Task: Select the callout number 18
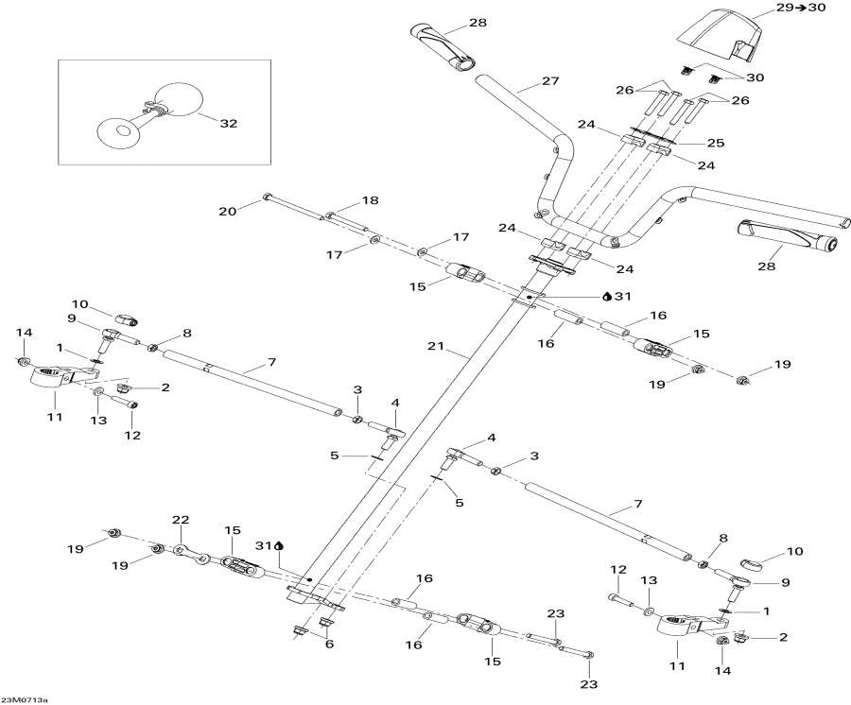pyautogui.click(x=369, y=201)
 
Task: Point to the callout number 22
pyautogui.click(x=181, y=520)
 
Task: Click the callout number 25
pyautogui.click(x=715, y=143)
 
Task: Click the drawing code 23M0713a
pyautogui.click(x=25, y=699)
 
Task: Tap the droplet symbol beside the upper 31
pyautogui.click(x=607, y=295)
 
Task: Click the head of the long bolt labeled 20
pyautogui.click(x=269, y=197)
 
